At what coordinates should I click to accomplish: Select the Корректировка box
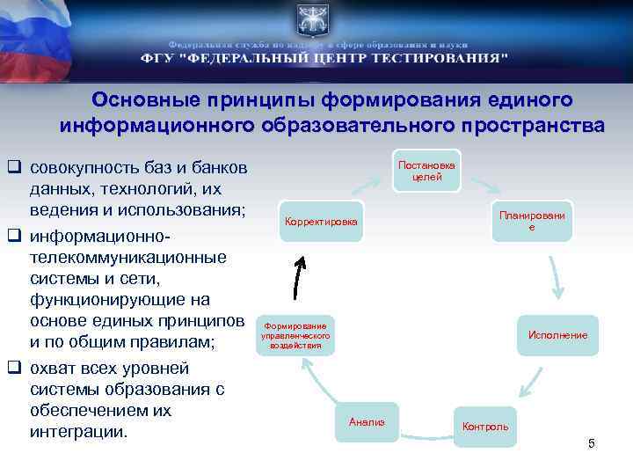321,222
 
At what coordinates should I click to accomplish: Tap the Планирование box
532,221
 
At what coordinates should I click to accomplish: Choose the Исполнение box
557,335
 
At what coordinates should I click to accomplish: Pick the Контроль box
485,427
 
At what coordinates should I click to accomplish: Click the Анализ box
367,422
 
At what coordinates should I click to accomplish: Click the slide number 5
592,443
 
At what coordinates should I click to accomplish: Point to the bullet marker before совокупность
15,166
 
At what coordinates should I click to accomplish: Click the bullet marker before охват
15,367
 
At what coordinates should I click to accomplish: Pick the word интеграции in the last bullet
78,433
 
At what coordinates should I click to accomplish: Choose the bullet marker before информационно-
15,237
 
